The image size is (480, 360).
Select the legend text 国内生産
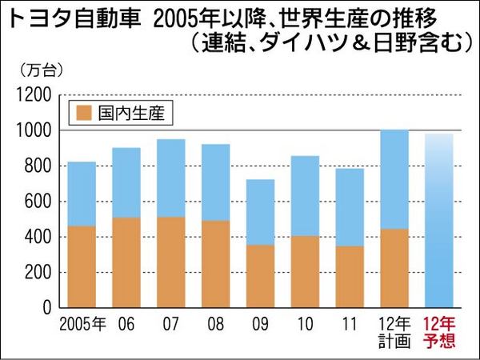[x=130, y=113]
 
